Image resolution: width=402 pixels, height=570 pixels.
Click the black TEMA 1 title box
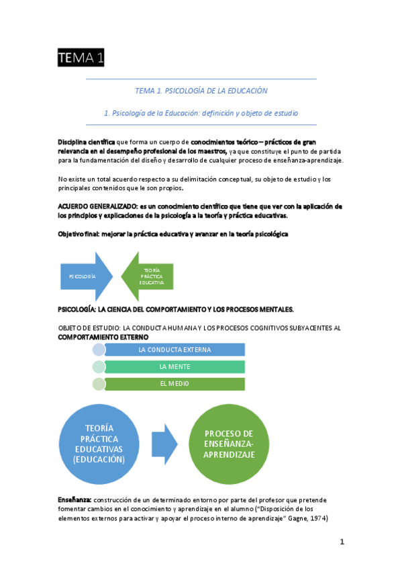81,59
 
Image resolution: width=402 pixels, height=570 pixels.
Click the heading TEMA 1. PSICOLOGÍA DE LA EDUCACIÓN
201,90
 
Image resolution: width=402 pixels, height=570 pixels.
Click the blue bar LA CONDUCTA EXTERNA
174,350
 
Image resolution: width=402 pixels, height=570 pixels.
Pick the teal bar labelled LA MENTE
174,366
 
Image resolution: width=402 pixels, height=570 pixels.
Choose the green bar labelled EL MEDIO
174,383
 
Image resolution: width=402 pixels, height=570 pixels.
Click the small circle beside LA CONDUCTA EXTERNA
99,350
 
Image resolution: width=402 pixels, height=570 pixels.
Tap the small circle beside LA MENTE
99,366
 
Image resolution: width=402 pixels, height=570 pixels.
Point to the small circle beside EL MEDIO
99,383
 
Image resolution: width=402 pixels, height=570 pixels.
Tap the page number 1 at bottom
342,542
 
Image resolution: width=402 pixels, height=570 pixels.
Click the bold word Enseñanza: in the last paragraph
75,500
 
